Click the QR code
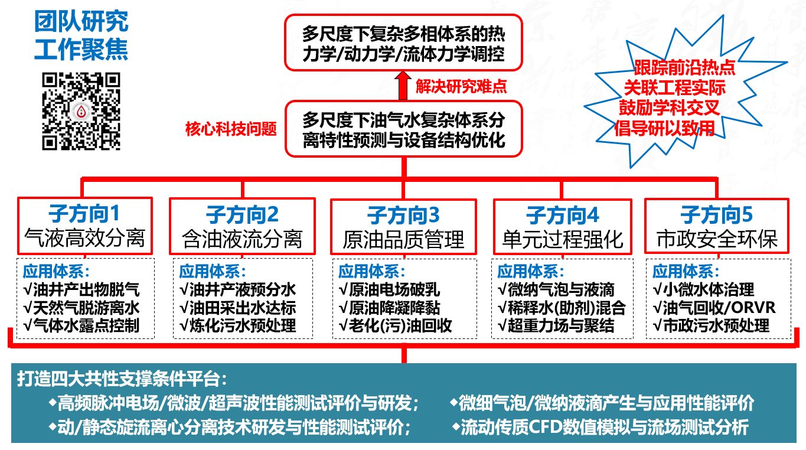(81, 111)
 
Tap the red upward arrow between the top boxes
(403, 85)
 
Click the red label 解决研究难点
(461, 86)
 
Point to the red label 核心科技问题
(231, 129)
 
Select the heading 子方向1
(84, 214)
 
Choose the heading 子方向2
(242, 215)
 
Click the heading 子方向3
(403, 216)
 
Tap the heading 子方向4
(562, 216)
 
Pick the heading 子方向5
(716, 215)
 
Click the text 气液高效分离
(84, 238)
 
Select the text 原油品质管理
(403, 239)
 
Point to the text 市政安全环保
(717, 239)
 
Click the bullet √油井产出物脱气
(81, 290)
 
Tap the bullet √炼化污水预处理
(238, 326)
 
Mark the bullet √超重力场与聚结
(556, 326)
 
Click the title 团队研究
(81, 22)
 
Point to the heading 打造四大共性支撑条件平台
(122, 379)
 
